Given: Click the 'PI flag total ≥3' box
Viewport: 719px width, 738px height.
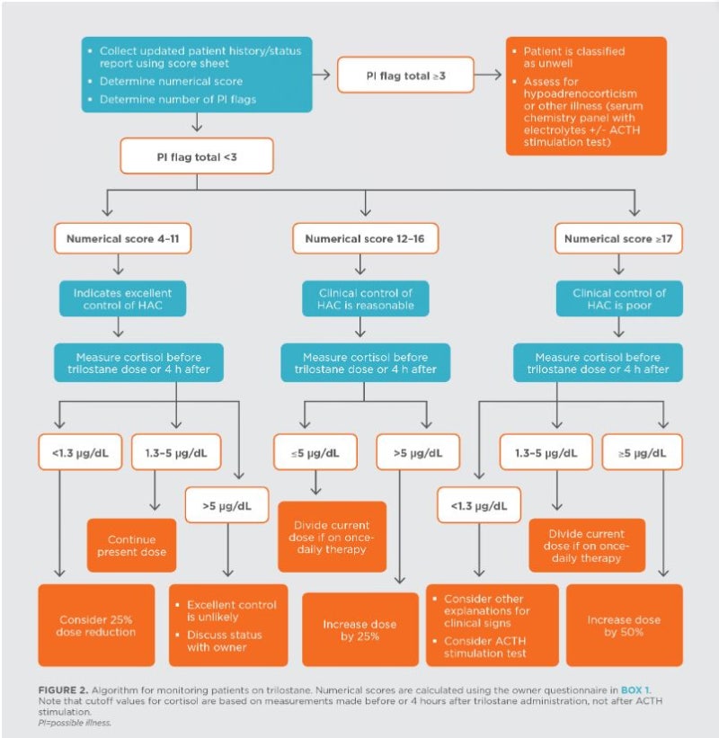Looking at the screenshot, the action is pos(405,75).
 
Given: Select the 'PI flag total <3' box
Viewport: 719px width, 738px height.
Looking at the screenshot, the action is pos(197,156).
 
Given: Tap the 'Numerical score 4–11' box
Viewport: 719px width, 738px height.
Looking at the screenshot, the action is pos(123,238).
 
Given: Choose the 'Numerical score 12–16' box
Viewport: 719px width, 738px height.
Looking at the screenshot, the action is pos(365,238).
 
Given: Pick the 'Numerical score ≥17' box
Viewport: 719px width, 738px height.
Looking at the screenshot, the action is pos(618,238).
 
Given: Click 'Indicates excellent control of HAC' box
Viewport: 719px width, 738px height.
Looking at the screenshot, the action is pos(123,298).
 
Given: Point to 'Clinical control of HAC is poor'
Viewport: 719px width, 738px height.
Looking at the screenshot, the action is pos(619,298).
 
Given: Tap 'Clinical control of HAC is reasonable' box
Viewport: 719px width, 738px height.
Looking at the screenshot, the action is pos(365,298).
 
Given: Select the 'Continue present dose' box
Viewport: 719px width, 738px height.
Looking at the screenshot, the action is pos(132,546).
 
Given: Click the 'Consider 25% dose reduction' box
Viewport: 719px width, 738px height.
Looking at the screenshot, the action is pos(96,626).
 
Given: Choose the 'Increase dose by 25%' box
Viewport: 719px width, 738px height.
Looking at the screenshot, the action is pos(360,630).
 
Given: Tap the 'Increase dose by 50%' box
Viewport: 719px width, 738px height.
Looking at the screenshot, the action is pos(625,626).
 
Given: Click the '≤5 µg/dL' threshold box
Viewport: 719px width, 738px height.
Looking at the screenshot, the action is pos(315,452).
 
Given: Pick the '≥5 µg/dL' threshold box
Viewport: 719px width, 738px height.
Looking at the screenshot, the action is pos(643,452).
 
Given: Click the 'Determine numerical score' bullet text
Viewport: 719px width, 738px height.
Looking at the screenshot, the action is pos(172,81).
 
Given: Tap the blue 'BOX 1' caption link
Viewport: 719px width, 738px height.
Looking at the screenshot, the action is pos(635,690).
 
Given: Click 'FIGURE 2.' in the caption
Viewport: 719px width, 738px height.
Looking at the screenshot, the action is pos(63,690).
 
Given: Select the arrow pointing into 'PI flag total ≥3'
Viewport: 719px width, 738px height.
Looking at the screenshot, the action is pos(322,75).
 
